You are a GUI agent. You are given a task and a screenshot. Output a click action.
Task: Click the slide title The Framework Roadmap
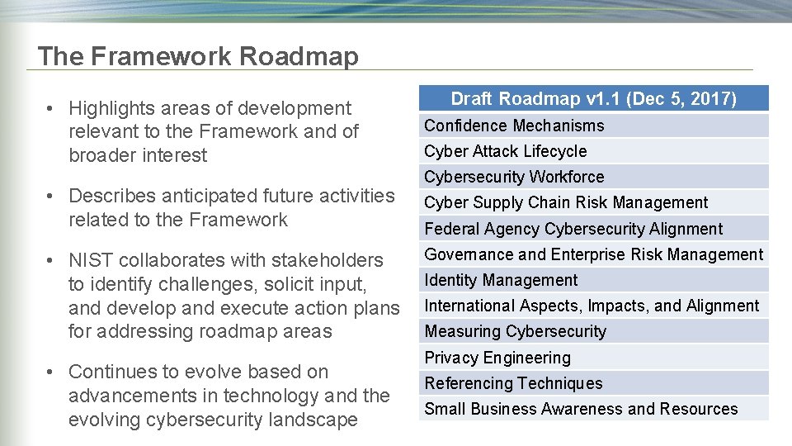tap(198, 56)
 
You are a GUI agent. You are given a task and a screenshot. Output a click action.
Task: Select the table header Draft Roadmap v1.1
tap(593, 99)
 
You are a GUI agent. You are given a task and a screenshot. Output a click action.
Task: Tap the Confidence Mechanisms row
tap(514, 126)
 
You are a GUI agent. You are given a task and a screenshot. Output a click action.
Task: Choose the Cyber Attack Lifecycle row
tap(506, 151)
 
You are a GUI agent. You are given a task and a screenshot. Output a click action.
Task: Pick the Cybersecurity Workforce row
tap(514, 177)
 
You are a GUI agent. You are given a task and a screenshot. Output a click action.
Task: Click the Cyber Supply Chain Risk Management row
tap(566, 202)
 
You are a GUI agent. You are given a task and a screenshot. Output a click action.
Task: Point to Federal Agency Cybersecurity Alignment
tap(573, 229)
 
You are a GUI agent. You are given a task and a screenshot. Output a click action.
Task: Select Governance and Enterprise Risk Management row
tap(594, 254)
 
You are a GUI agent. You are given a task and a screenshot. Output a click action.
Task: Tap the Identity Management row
tap(501, 280)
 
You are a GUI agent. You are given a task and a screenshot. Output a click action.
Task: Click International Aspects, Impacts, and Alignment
tap(592, 306)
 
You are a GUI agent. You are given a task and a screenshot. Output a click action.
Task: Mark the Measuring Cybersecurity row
tap(515, 331)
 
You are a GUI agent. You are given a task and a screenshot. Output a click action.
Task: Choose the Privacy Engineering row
tap(497, 358)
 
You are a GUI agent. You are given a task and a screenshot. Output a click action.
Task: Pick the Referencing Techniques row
tap(513, 383)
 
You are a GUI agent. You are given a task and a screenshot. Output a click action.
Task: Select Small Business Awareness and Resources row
tap(581, 409)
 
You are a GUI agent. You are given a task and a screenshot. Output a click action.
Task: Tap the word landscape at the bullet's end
tap(310, 420)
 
